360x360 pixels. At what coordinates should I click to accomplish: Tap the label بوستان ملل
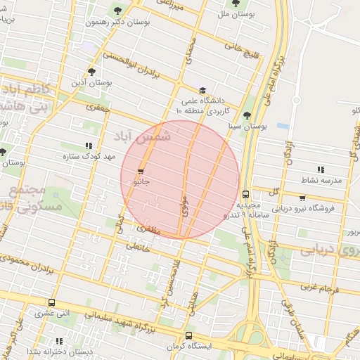click(x=236, y=14)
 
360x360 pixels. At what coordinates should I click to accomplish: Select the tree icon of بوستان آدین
click(x=91, y=71)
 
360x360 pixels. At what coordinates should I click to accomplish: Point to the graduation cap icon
click(x=202, y=90)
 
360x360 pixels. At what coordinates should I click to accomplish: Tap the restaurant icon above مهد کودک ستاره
click(x=88, y=146)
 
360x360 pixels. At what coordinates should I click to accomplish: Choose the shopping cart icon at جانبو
click(x=141, y=172)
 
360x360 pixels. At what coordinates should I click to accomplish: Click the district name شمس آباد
click(x=152, y=139)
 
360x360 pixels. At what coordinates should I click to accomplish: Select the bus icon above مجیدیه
click(x=245, y=194)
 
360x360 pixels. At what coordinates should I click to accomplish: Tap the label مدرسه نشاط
click(x=321, y=180)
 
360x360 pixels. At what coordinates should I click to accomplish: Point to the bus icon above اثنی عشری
click(x=51, y=303)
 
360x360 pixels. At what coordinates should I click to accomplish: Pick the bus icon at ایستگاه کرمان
click(x=188, y=336)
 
